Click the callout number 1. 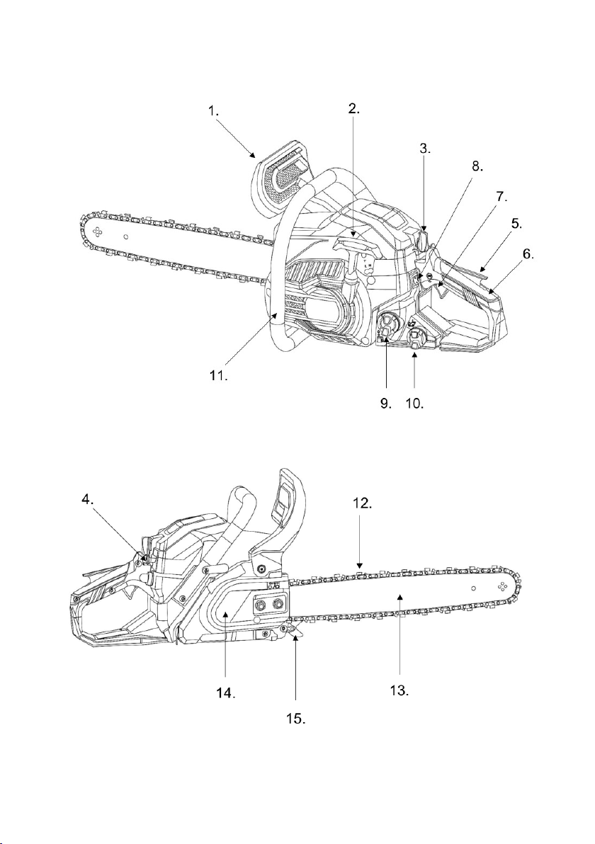point(215,111)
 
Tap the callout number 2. point(353,108)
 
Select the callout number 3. point(426,149)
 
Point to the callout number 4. point(89,499)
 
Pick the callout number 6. point(528,254)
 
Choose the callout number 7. point(501,196)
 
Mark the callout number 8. point(477,166)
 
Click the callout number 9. point(386,403)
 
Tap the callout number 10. point(414,403)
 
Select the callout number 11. point(219,375)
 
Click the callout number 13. point(399,690)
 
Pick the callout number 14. point(226,692)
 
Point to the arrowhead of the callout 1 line point(253,155)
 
